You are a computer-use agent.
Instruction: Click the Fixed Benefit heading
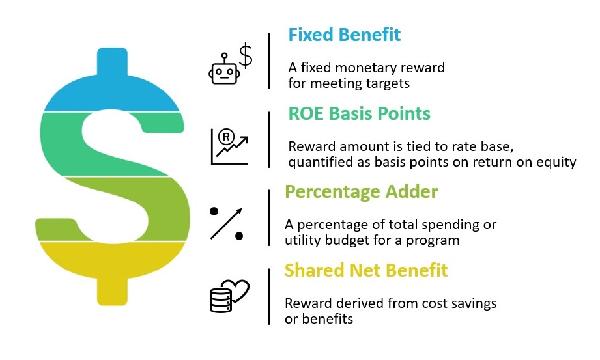(x=344, y=35)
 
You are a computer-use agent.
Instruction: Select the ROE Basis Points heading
(x=360, y=114)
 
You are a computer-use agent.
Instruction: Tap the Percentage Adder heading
(x=361, y=192)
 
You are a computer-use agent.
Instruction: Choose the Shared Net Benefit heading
(x=366, y=270)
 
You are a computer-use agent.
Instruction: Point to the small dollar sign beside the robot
(x=246, y=56)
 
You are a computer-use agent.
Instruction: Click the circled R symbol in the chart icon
(x=226, y=137)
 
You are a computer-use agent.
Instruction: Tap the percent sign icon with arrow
(x=227, y=223)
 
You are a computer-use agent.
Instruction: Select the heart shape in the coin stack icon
(x=238, y=290)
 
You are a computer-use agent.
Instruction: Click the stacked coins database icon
(x=221, y=300)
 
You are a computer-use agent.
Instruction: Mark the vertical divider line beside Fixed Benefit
(x=270, y=61)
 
